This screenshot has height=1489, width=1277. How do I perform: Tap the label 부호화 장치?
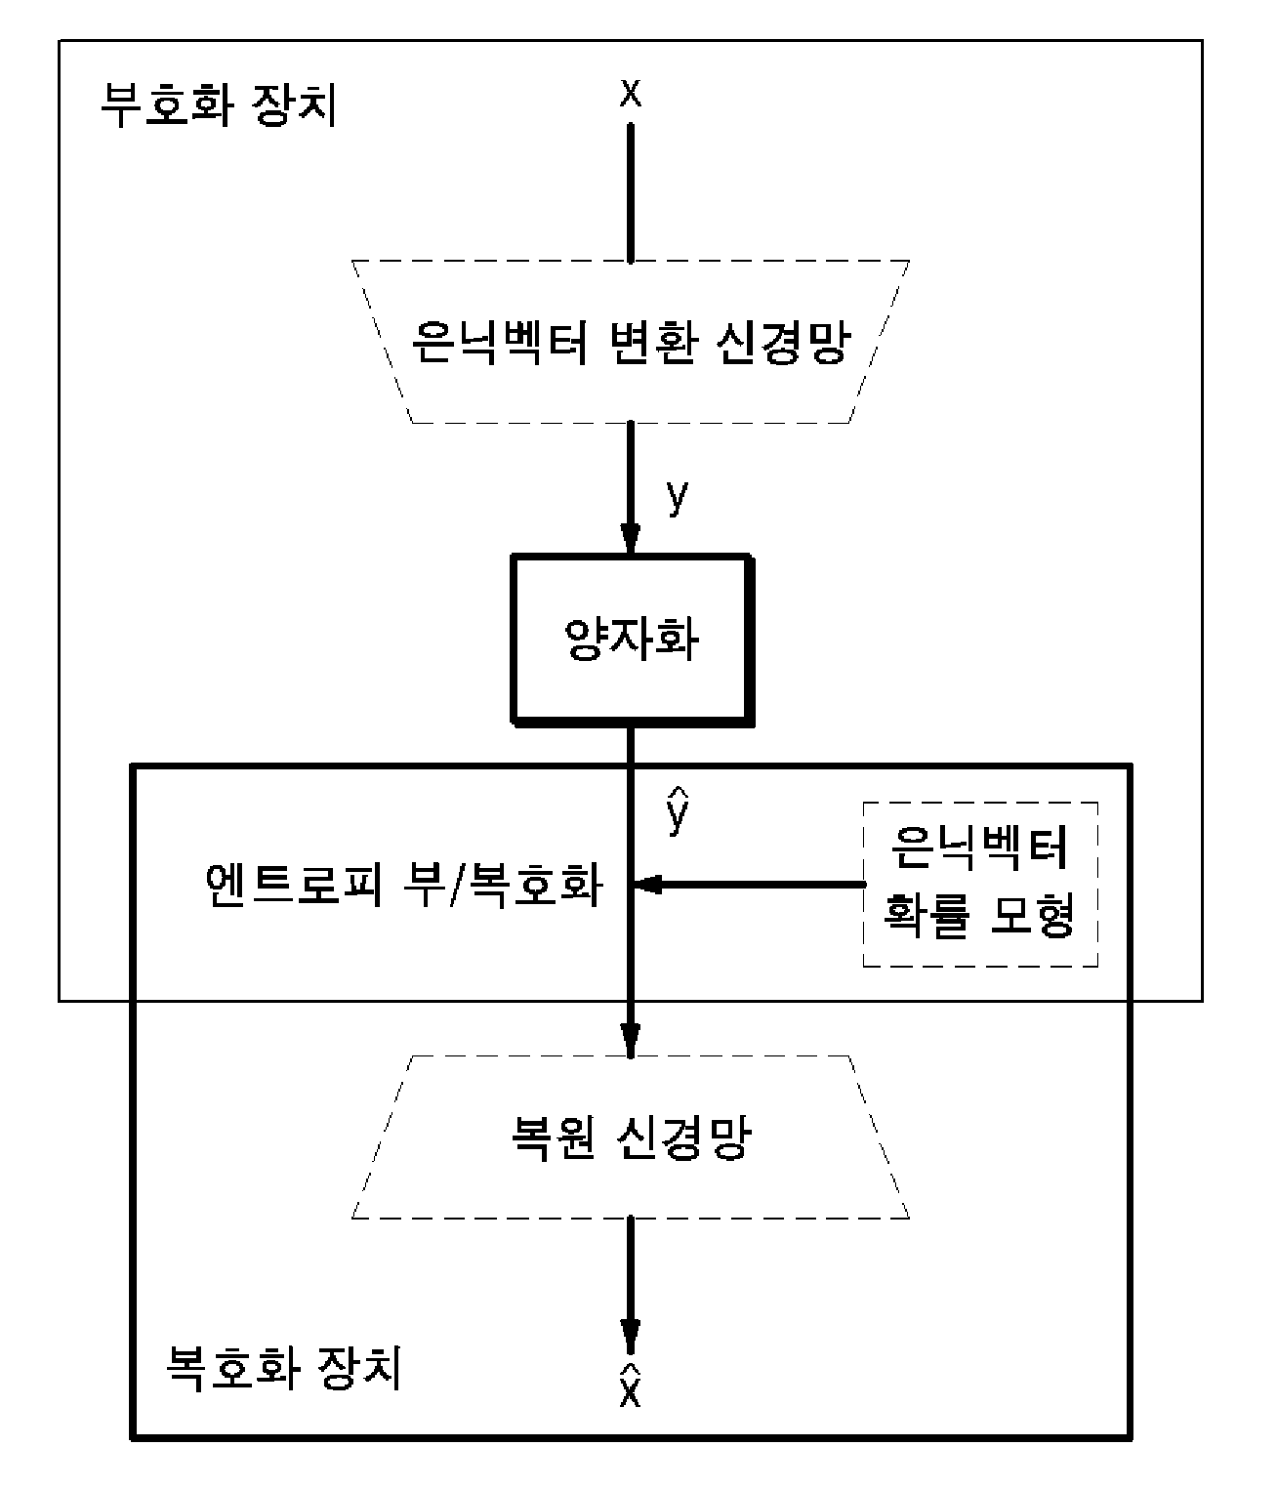coord(219,105)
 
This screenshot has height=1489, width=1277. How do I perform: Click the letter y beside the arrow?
coord(677,496)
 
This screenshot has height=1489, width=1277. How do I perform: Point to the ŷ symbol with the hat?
coord(677,810)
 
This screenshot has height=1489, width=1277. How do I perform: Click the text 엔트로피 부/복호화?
coord(403,884)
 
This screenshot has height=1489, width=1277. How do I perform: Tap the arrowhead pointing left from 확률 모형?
coord(646,884)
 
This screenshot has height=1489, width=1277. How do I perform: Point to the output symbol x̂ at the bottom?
coord(631,1387)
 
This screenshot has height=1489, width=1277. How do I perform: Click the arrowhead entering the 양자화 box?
coord(631,538)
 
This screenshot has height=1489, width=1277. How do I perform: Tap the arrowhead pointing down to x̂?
coord(631,1339)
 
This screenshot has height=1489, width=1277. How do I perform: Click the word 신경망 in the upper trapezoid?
coord(784,342)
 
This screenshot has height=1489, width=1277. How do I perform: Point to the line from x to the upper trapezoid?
coord(631,193)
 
